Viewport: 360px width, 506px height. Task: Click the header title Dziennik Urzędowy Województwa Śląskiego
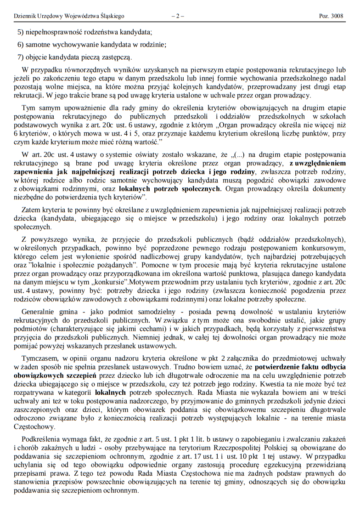tap(69, 16)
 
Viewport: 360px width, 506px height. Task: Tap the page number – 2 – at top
tap(178, 16)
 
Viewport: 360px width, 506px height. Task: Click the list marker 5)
tap(21, 32)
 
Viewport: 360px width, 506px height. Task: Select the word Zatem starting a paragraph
tap(30, 210)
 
